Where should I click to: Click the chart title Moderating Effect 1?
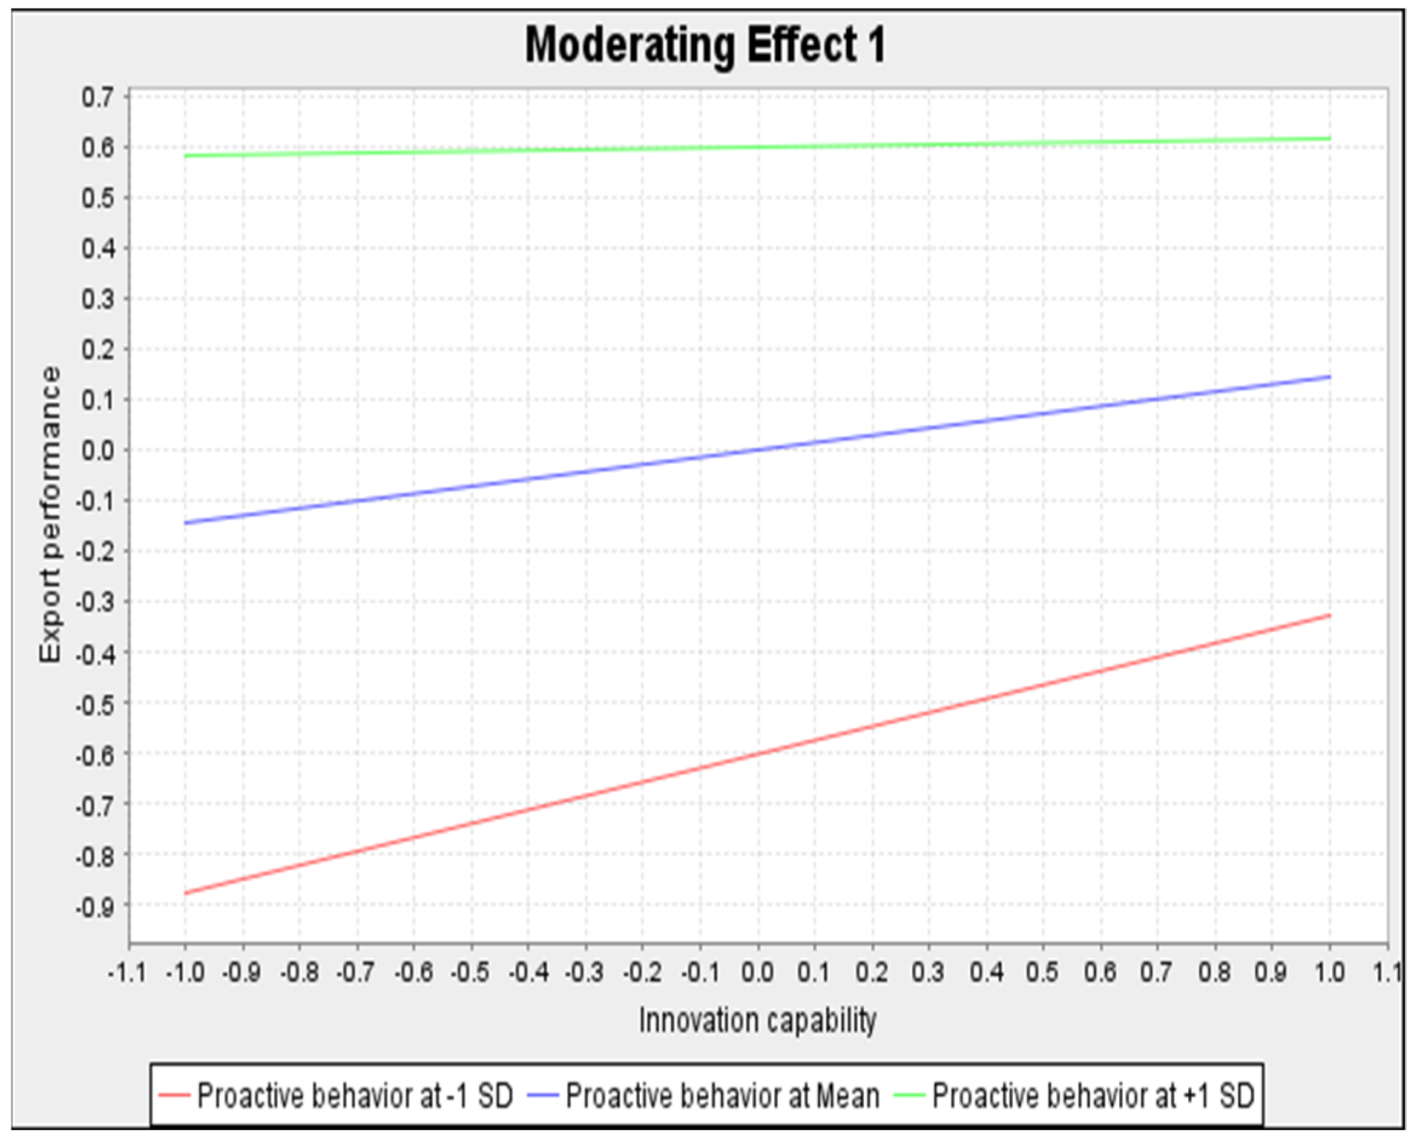[x=705, y=46]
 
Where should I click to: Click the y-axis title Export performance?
[x=50, y=515]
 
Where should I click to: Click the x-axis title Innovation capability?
[x=757, y=1021]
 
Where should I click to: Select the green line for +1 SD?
[x=757, y=147]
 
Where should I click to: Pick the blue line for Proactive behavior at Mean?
[x=757, y=449]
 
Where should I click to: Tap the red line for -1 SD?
[x=757, y=753]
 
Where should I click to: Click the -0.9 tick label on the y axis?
[x=95, y=905]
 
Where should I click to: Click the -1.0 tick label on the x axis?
[x=185, y=972]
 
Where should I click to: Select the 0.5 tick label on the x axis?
[x=1043, y=972]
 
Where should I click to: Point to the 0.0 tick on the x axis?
[x=757, y=972]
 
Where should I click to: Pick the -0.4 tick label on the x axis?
[x=528, y=972]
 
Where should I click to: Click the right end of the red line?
[x=1329, y=615]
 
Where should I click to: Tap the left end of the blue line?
[x=186, y=523]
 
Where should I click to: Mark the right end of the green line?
[x=1329, y=139]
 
